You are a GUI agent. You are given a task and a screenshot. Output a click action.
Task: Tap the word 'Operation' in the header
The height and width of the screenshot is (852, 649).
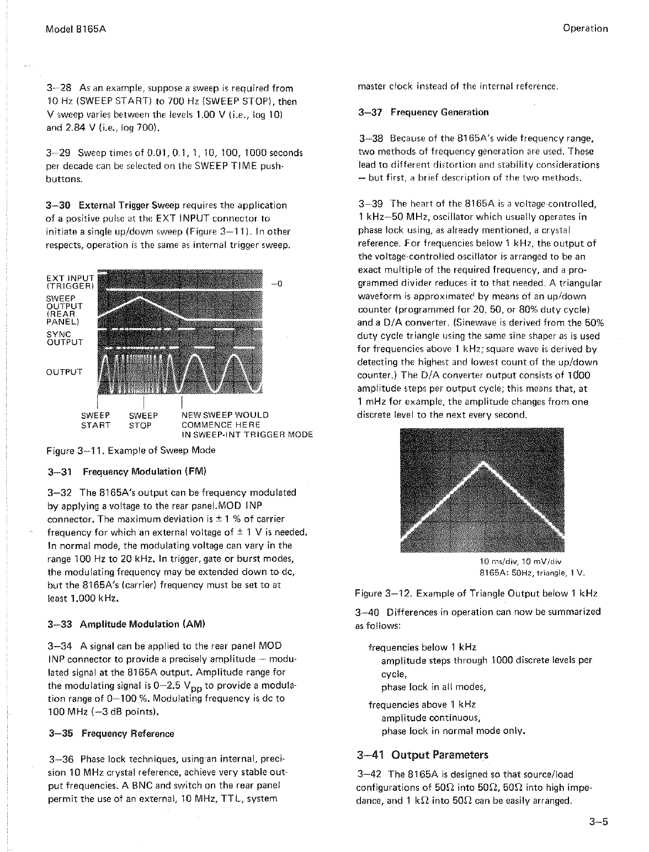click(586, 29)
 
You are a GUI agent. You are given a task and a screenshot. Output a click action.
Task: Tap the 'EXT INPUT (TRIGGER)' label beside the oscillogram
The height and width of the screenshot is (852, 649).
click(71, 280)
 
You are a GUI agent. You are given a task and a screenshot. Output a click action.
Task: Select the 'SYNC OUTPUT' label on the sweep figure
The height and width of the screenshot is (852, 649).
click(65, 338)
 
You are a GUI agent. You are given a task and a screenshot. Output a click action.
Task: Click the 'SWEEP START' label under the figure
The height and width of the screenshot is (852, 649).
click(95, 420)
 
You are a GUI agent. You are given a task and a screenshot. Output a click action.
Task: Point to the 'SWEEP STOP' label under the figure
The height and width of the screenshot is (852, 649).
click(143, 420)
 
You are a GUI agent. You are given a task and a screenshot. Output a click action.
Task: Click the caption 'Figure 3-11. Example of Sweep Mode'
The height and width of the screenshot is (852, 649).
click(131, 450)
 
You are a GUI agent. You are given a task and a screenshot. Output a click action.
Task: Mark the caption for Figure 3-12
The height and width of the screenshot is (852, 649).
click(476, 593)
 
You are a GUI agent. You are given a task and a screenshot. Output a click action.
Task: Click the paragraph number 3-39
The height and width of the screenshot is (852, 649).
click(371, 204)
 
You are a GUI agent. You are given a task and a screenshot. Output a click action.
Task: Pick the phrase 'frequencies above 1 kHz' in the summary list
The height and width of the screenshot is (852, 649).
click(422, 705)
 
